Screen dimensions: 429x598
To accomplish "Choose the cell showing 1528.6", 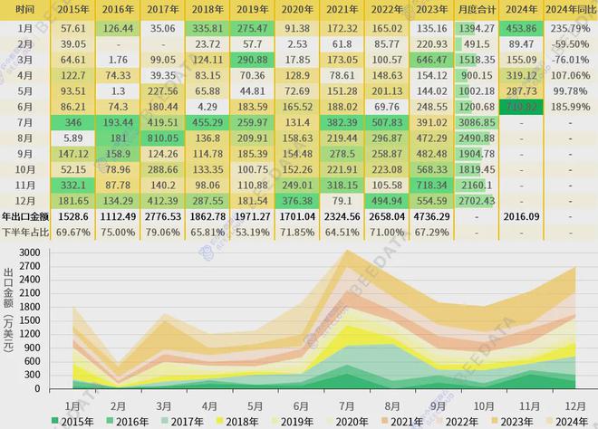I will [72, 217].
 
